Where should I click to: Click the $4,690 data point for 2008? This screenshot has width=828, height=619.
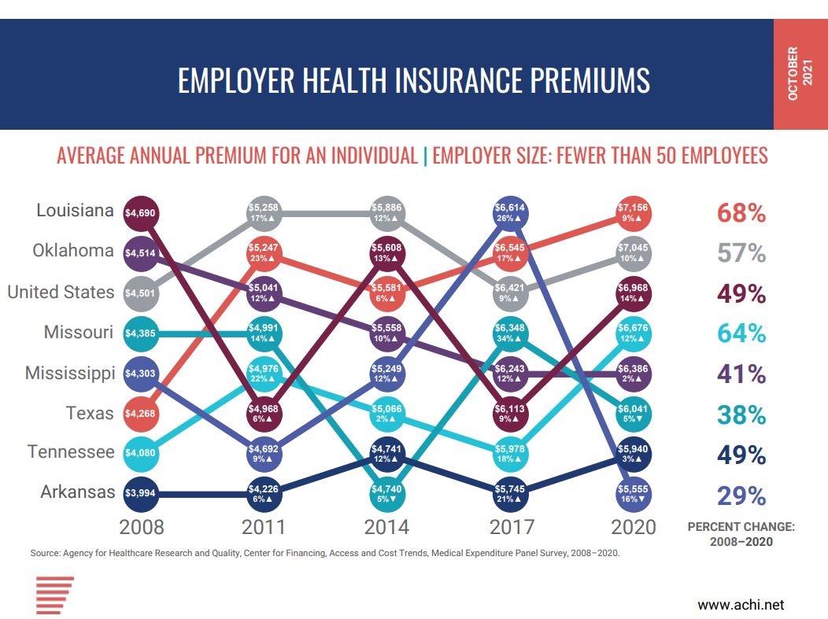pos(142,212)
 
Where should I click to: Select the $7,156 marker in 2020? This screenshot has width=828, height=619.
pos(633,212)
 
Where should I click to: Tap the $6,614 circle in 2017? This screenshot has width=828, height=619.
pos(510,212)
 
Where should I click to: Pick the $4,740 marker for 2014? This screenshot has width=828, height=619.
pos(387,494)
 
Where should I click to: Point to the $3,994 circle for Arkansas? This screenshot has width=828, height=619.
pos(142,494)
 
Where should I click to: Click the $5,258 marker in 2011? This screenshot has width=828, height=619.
pos(264,212)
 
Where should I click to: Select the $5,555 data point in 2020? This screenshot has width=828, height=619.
pos(633,494)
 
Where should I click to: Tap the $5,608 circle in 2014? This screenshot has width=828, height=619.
pos(387,252)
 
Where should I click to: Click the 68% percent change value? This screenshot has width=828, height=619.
pos(741,213)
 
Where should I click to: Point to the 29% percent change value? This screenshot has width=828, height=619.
pos(741,496)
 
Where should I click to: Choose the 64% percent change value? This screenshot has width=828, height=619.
pos(741,333)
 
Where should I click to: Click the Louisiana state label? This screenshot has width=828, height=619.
pos(75,211)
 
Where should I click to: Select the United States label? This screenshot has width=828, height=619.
pos(61,292)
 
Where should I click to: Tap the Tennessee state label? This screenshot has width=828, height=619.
pos(71,452)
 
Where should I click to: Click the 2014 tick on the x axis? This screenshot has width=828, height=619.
pos(386,526)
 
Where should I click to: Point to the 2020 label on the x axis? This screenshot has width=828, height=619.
pos(633,526)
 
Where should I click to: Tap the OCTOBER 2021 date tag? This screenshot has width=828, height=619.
pos(799,74)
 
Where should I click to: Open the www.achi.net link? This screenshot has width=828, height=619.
pos(741,605)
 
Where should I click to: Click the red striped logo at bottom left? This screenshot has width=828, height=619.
pos(54,595)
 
